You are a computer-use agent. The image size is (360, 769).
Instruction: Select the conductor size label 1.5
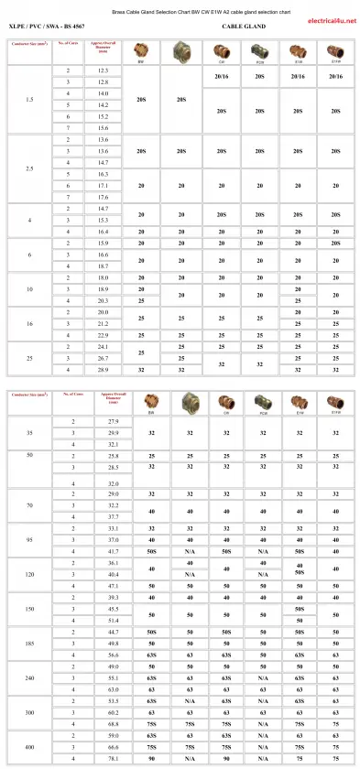click(29, 99)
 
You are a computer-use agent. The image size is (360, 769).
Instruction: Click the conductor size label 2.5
click(29, 168)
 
